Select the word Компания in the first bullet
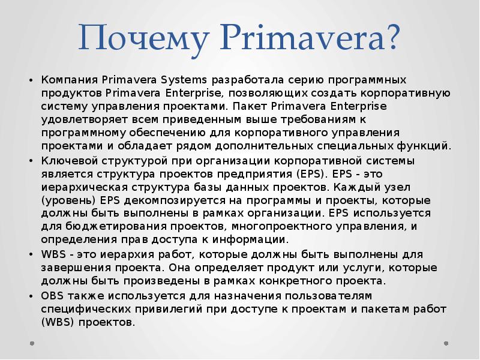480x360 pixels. coord(70,80)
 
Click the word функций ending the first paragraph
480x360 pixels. coord(425,145)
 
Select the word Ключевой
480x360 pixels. coord(67,161)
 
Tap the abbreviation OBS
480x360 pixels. coord(52,296)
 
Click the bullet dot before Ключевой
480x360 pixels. coord(31,161)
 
